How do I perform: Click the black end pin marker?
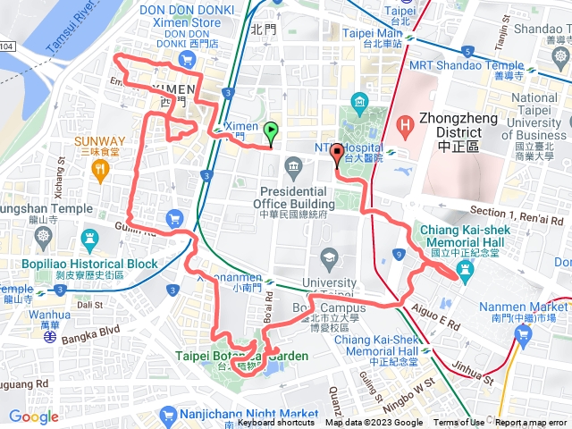(x=337, y=156)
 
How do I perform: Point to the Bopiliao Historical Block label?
(x=80, y=265)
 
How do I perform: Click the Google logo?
(x=33, y=416)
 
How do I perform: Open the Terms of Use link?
(x=458, y=423)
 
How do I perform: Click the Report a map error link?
(x=531, y=423)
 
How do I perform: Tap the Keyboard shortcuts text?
(x=278, y=423)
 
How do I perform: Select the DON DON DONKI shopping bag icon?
(x=187, y=60)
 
